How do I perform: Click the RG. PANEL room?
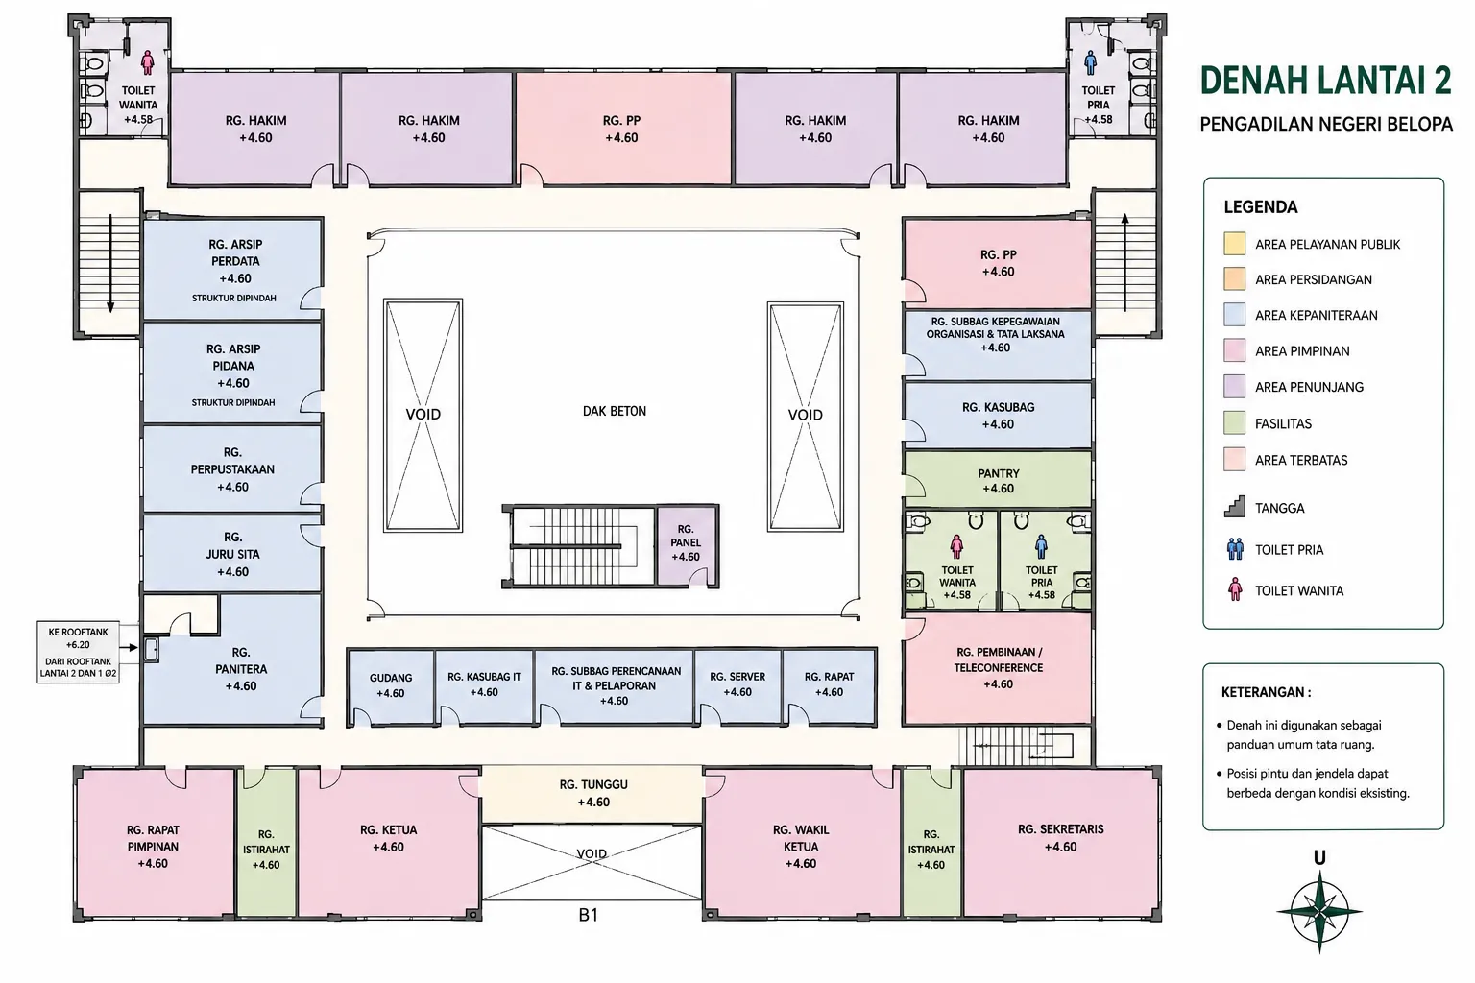pyautogui.click(x=687, y=545)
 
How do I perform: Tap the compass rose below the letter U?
pyautogui.click(x=1319, y=912)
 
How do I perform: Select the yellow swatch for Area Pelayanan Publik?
pyautogui.click(x=1235, y=244)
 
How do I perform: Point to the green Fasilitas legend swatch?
pyautogui.click(x=1235, y=422)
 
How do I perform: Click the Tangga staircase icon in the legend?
pyautogui.click(x=1235, y=507)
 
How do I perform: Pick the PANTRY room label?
pyautogui.click(x=999, y=481)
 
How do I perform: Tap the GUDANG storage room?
pyautogui.click(x=391, y=688)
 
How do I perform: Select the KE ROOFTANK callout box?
pyautogui.click(x=78, y=652)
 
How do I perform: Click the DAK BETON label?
pyautogui.click(x=615, y=411)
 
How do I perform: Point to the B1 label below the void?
pyautogui.click(x=588, y=915)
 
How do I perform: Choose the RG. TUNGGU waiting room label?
pyautogui.click(x=593, y=793)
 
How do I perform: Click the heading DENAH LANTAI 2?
pyautogui.click(x=1325, y=81)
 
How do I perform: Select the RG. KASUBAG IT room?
pyautogui.click(x=484, y=687)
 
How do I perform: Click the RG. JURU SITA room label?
pyautogui.click(x=232, y=554)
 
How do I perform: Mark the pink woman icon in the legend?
pyautogui.click(x=1235, y=589)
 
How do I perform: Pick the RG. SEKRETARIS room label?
pyautogui.click(x=1060, y=837)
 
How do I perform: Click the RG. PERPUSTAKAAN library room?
pyautogui.click(x=232, y=468)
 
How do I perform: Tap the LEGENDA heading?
pyautogui.click(x=1260, y=207)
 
